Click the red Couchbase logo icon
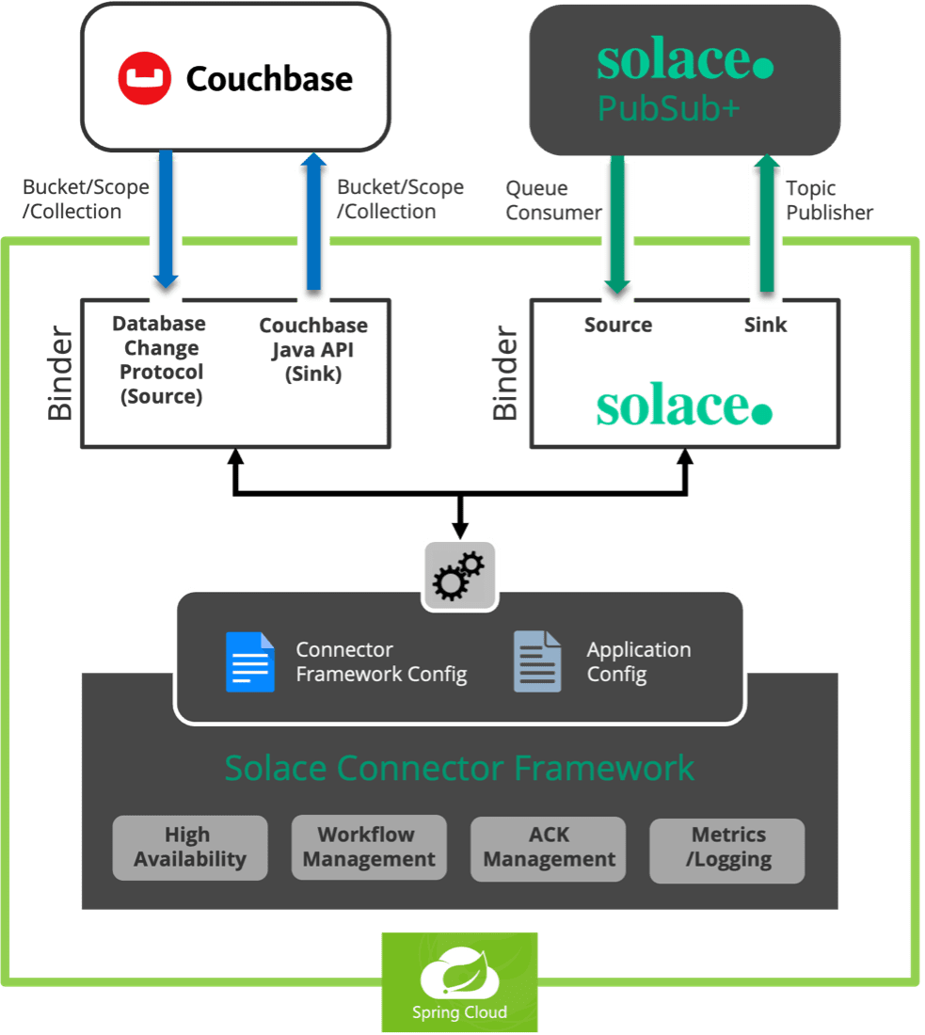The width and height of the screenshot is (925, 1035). pyautogui.click(x=144, y=78)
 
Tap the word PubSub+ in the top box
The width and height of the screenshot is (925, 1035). pyautogui.click(x=668, y=110)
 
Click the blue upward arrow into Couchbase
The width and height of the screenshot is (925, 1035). pyautogui.click(x=312, y=222)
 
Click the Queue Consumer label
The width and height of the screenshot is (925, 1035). pyautogui.click(x=552, y=200)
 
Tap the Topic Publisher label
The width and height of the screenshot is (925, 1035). pyautogui.click(x=829, y=200)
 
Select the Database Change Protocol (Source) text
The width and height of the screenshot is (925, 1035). pyautogui.click(x=161, y=360)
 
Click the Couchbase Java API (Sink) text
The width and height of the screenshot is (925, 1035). pyautogui.click(x=313, y=349)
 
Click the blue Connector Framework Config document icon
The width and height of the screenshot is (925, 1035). pyautogui.click(x=250, y=662)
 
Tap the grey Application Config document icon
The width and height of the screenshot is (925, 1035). pyautogui.click(x=537, y=662)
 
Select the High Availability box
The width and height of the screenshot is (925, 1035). pyautogui.click(x=190, y=848)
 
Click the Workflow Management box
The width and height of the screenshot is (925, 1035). pyautogui.click(x=369, y=848)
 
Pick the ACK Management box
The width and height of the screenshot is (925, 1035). pyautogui.click(x=549, y=848)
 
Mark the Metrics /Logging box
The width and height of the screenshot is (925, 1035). pyautogui.click(x=727, y=848)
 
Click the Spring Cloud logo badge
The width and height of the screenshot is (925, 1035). pyautogui.click(x=459, y=982)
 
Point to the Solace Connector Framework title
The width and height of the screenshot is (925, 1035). pyautogui.click(x=459, y=768)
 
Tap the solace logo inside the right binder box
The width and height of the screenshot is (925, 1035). pyautogui.click(x=684, y=406)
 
